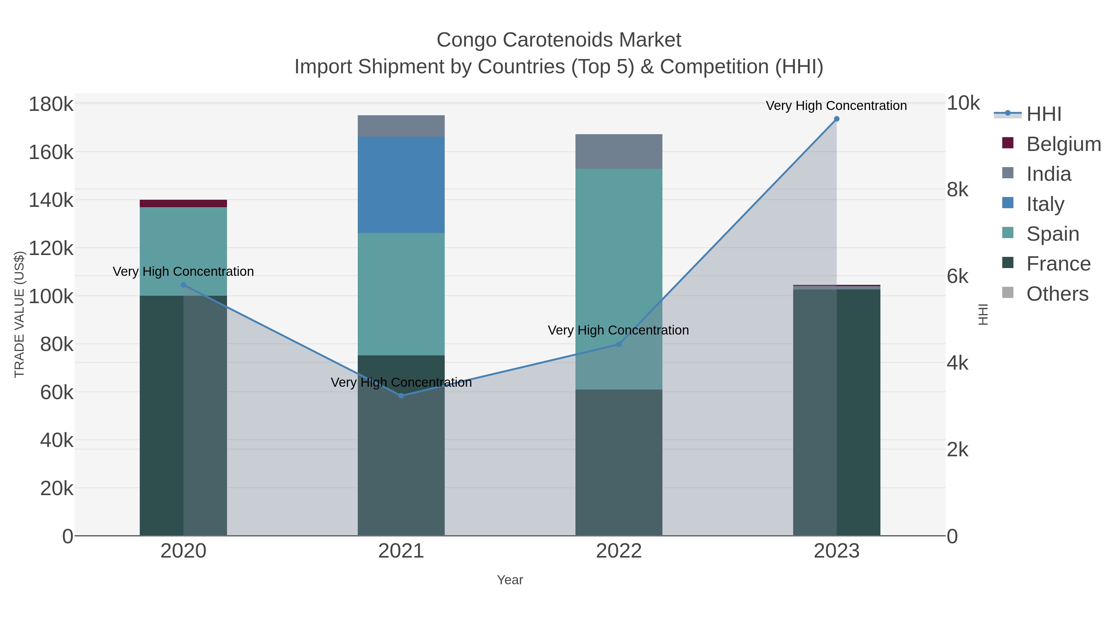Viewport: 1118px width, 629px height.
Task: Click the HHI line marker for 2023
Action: click(836, 119)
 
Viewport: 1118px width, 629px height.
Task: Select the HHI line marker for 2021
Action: click(401, 395)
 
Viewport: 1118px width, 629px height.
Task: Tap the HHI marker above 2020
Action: click(183, 285)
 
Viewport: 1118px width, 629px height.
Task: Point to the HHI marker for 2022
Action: click(619, 344)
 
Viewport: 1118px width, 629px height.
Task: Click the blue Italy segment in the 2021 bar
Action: click(401, 185)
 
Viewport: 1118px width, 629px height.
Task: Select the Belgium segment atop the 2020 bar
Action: click(183, 203)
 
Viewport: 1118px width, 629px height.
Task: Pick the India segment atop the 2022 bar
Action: click(619, 152)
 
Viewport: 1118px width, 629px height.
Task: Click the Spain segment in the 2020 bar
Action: click(183, 251)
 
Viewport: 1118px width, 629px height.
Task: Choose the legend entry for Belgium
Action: click(1063, 144)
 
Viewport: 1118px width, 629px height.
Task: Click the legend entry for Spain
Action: click(1052, 234)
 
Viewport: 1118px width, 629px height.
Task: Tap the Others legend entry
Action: click(1057, 294)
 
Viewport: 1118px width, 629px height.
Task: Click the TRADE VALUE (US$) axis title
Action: click(20, 314)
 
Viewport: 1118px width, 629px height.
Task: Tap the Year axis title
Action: click(510, 580)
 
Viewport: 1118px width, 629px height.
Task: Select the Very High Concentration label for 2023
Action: click(836, 106)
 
